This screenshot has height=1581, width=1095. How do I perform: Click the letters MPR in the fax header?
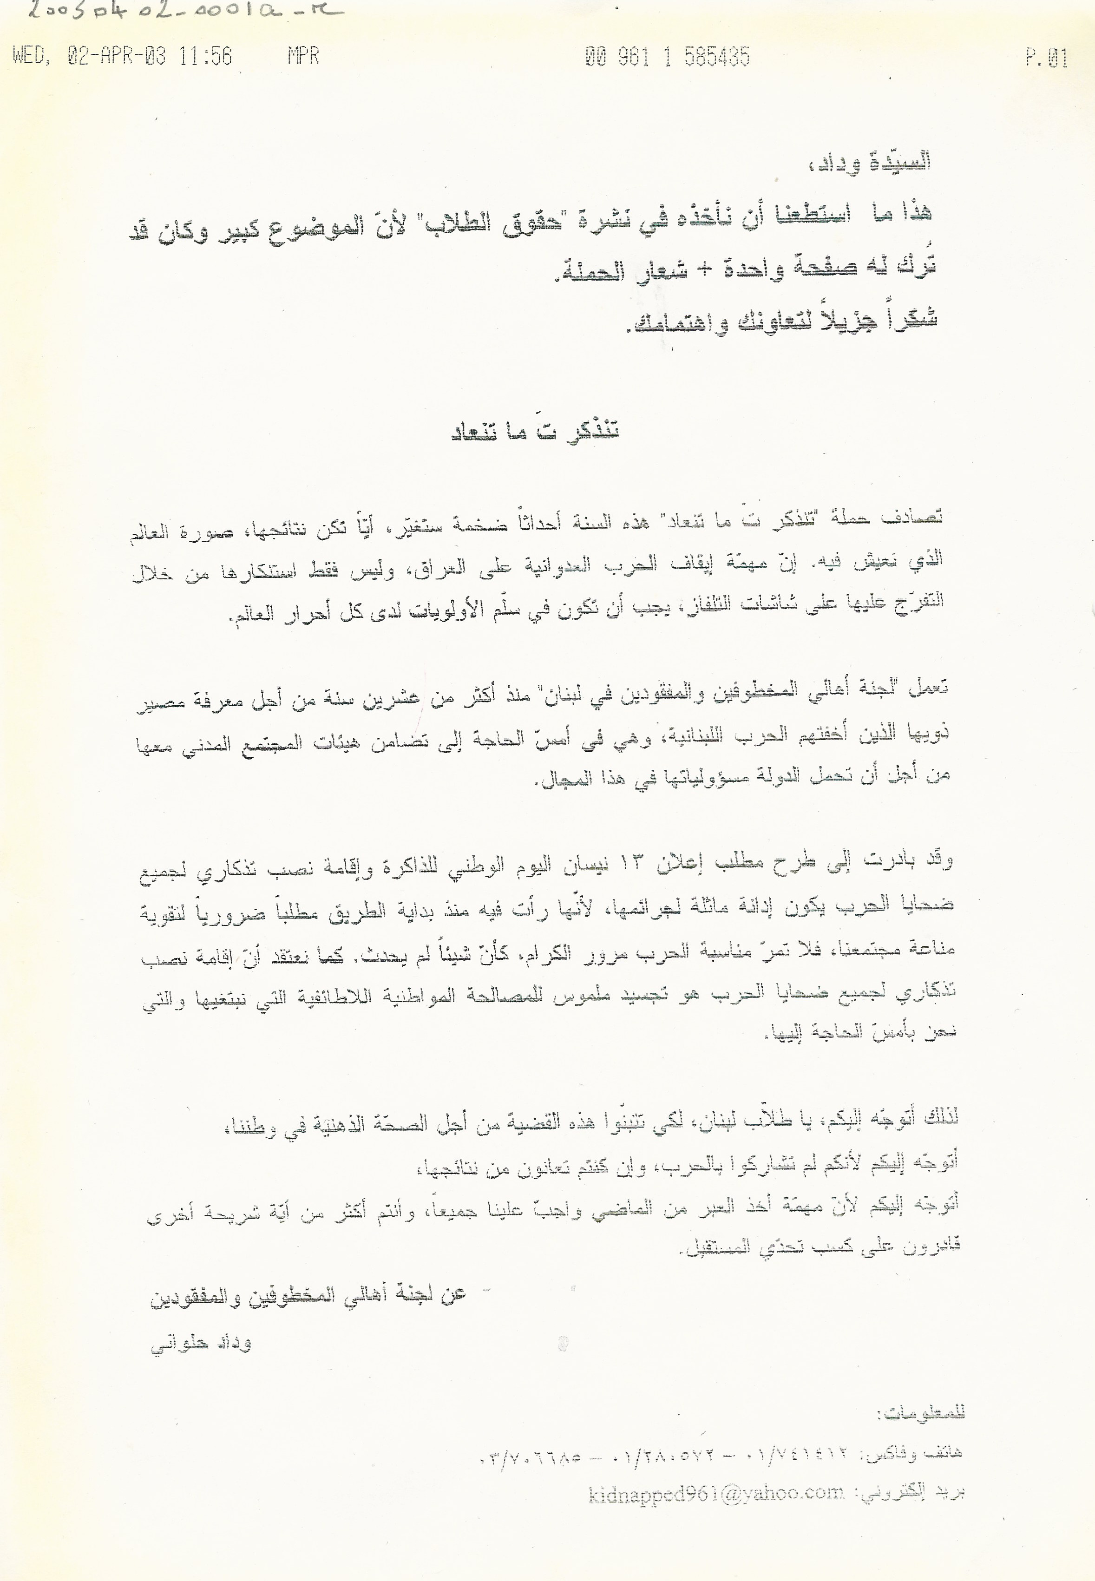[303, 56]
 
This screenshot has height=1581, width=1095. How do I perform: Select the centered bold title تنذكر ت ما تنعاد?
[536, 433]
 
